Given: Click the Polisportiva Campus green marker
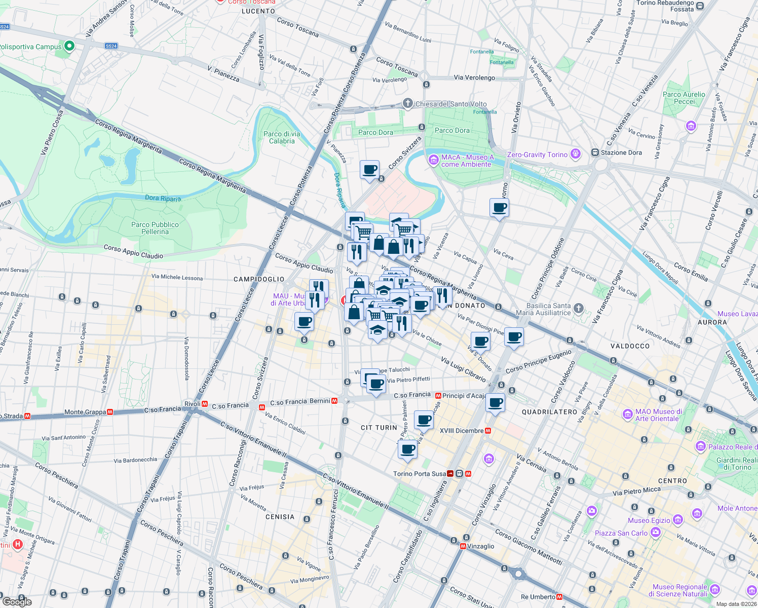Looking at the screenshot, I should pyautogui.click(x=70, y=47).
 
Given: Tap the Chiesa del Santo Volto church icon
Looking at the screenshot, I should pyautogui.click(x=407, y=104).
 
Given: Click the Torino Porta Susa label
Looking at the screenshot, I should pyautogui.click(x=420, y=474).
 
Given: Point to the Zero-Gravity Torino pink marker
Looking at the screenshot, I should pyautogui.click(x=575, y=154).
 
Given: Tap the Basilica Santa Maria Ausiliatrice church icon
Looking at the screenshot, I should pyautogui.click(x=579, y=309).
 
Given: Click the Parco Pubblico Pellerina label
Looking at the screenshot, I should pyautogui.click(x=155, y=228).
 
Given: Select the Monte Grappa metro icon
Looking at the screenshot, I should pyautogui.click(x=109, y=412).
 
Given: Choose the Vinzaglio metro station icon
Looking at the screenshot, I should pyautogui.click(x=463, y=546).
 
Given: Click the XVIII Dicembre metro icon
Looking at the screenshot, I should pyautogui.click(x=488, y=431).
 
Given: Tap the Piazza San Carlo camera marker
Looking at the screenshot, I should pyautogui.click(x=656, y=533).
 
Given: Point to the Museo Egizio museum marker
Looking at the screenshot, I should pyautogui.click(x=678, y=520).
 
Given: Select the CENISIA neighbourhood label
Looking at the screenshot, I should pyautogui.click(x=280, y=517).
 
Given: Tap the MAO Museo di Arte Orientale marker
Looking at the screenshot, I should pyautogui.click(x=628, y=414).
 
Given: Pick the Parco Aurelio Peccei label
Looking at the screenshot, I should pyautogui.click(x=684, y=98).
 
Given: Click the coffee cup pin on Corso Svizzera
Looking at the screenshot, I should pyautogui.click(x=369, y=170).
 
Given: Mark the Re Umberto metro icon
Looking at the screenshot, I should pyautogui.click(x=559, y=597).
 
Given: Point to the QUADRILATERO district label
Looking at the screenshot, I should pyautogui.click(x=549, y=412).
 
